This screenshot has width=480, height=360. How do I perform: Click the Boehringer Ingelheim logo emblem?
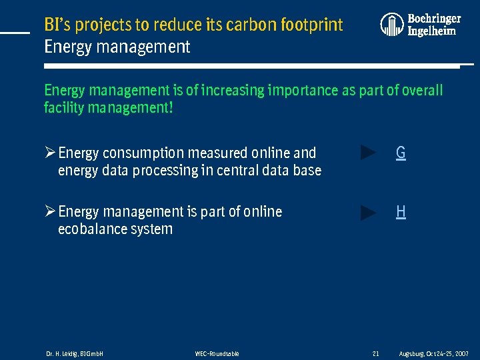pyautogui.click(x=392, y=25)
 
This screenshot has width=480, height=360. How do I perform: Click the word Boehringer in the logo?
pyautogui.click(x=434, y=19)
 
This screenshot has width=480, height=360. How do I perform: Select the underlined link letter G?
pyautogui.click(x=401, y=153)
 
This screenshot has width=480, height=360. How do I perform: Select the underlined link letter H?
pyautogui.click(x=401, y=212)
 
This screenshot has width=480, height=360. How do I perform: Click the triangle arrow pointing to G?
pyautogui.click(x=368, y=153)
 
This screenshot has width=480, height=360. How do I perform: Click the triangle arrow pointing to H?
pyautogui.click(x=368, y=213)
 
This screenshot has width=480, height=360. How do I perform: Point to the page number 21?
pyautogui.click(x=375, y=353)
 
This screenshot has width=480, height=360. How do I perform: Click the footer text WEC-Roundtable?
pyautogui.click(x=217, y=353)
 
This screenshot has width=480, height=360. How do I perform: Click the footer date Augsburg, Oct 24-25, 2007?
pyautogui.click(x=433, y=353)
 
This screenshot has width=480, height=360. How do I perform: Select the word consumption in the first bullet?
pyautogui.click(x=146, y=153)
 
